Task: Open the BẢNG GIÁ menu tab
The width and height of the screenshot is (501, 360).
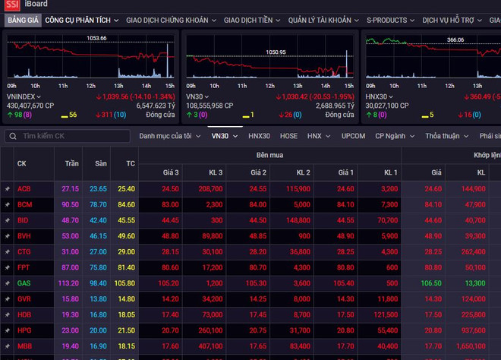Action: (x=22, y=21)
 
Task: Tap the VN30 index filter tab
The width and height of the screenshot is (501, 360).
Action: (x=220, y=136)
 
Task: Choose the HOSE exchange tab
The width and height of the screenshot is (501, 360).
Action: (x=288, y=136)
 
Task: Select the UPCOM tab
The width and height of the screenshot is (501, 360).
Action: (x=353, y=136)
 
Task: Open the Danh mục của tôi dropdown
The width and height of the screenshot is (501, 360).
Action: (x=169, y=136)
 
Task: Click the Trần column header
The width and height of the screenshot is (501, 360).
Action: (x=71, y=163)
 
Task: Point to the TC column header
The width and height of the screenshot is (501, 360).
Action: (x=131, y=163)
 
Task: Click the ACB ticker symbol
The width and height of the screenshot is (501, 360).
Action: (x=24, y=188)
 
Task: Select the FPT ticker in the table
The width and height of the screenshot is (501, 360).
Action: (x=24, y=267)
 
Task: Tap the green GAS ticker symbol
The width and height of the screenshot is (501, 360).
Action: (x=24, y=283)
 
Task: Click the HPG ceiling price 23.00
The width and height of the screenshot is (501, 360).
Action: (x=71, y=330)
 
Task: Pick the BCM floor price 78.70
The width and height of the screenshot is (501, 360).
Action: (x=98, y=204)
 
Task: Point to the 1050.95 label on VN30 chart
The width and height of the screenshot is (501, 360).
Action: (x=276, y=52)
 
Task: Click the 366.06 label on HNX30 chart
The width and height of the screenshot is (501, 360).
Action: (x=455, y=39)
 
